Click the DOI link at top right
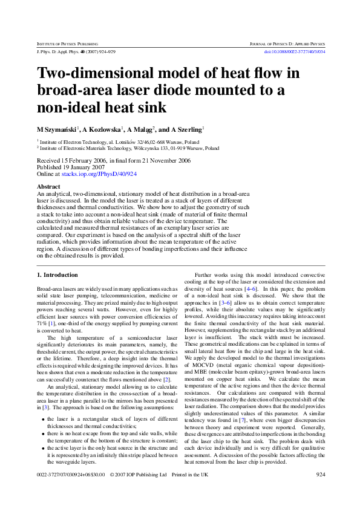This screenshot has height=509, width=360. point(295,52)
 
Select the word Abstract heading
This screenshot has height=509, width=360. point(48,187)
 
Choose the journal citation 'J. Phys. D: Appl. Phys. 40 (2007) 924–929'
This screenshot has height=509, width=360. point(76,52)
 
